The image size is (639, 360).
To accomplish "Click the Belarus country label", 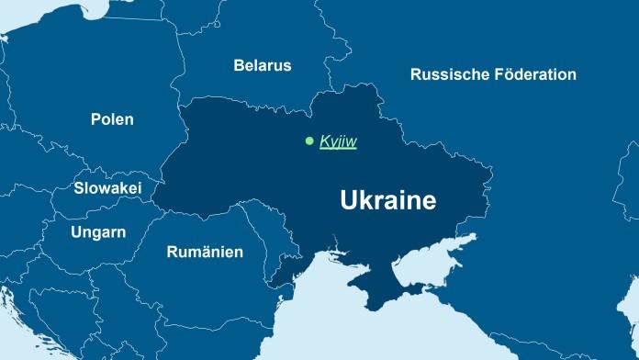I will click(263, 65).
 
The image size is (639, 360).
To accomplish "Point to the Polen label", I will click(112, 119).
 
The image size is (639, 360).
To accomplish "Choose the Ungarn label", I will click(98, 231).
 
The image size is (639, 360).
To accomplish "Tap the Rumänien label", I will click(205, 252).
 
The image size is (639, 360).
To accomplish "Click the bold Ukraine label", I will click(387, 200).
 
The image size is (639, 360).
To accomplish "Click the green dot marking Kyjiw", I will click(309, 141).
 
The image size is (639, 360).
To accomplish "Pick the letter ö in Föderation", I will click(505, 74).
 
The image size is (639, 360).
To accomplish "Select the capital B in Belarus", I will click(239, 65).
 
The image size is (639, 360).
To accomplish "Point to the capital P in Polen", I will click(95, 119).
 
